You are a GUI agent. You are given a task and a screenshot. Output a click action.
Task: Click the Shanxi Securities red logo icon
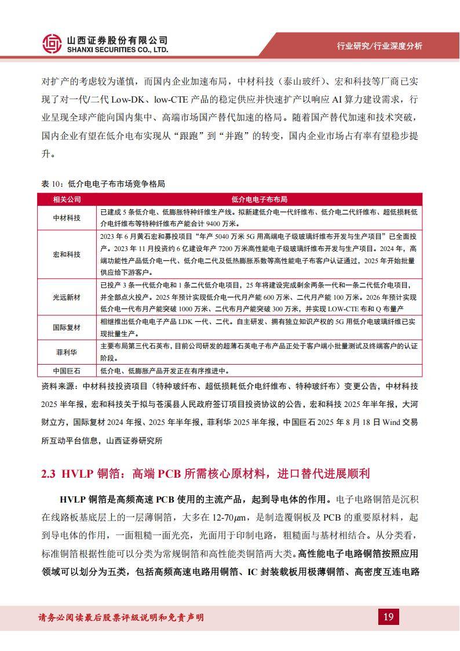tap(52, 43)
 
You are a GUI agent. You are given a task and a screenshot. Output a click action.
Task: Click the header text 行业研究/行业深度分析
tap(379, 46)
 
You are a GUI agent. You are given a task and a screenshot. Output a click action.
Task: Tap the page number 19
tap(388, 617)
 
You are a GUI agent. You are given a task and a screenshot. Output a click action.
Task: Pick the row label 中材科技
tap(67, 217)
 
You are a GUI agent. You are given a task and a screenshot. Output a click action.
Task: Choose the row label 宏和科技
tap(67, 254)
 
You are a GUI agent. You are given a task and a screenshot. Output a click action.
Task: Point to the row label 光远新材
tap(67, 297)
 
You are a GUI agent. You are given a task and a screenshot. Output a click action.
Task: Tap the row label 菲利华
tap(67, 352)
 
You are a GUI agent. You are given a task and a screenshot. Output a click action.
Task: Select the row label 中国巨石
tap(67, 371)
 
